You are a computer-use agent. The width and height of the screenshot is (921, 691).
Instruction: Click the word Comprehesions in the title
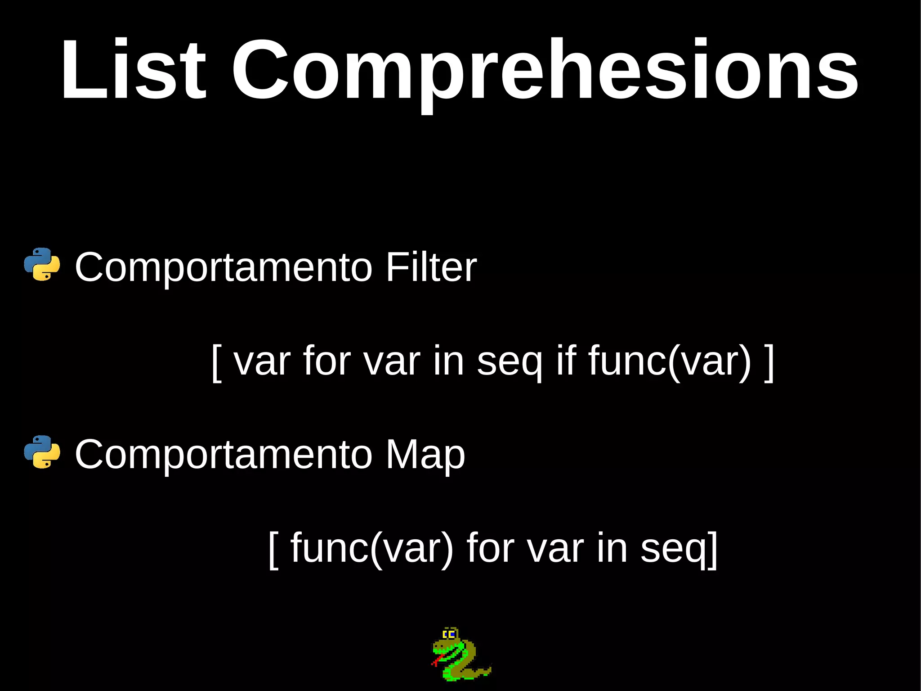(x=545, y=72)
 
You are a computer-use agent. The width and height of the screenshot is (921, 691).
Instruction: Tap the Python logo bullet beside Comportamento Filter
(x=42, y=265)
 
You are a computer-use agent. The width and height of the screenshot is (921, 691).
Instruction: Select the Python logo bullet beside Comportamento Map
(x=42, y=452)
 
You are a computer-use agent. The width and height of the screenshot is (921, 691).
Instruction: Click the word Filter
(x=431, y=267)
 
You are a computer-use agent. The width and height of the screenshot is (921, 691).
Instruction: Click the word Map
(x=425, y=456)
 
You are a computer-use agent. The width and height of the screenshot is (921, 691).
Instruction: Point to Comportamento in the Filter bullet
(x=224, y=268)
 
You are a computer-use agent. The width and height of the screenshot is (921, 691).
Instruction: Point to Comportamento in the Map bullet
(x=224, y=456)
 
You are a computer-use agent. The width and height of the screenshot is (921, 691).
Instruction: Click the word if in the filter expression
(x=566, y=360)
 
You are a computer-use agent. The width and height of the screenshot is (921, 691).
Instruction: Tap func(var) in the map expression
(x=372, y=548)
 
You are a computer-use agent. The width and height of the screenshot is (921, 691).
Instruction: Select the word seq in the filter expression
(x=510, y=363)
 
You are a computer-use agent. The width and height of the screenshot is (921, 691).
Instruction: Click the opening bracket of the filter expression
(x=217, y=363)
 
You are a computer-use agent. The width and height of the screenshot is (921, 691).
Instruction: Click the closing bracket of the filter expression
(x=769, y=363)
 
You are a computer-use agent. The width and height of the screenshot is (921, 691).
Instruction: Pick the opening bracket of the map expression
(x=273, y=550)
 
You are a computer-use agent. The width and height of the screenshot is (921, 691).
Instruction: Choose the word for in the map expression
(x=490, y=547)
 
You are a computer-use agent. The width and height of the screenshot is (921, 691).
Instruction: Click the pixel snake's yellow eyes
(x=449, y=635)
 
